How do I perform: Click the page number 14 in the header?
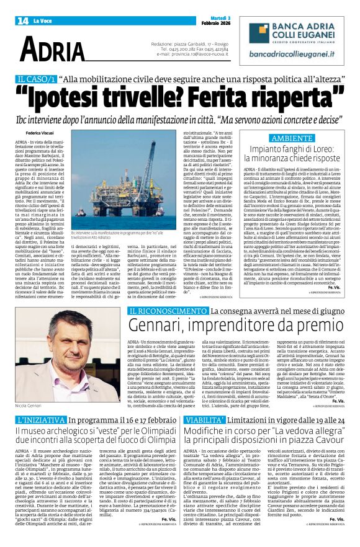pos(23,20)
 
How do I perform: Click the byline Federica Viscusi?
pos(40,133)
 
